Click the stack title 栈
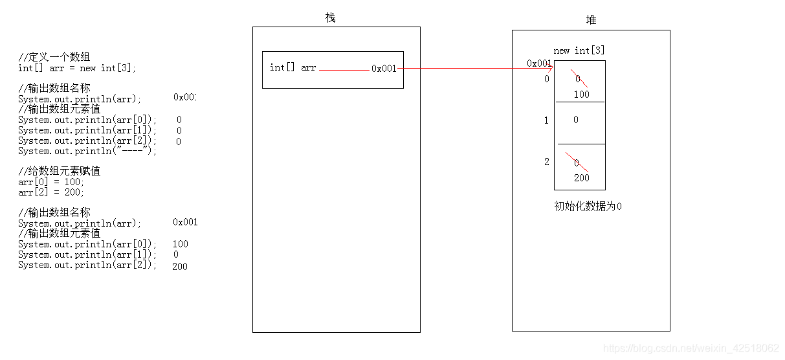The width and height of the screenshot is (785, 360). pos(331,17)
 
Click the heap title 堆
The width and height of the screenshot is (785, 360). pos(591,20)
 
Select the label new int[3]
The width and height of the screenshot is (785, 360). pos(579,51)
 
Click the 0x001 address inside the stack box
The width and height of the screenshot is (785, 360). pos(384,69)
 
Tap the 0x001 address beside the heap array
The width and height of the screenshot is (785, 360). pos(538,63)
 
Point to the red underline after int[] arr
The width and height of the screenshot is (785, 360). pos(344,70)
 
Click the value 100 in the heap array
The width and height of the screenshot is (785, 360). pos(581,95)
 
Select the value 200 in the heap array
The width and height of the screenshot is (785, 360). pos(581,178)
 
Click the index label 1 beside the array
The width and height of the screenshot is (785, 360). pos(546,120)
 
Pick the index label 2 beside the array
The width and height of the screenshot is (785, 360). pos(546,162)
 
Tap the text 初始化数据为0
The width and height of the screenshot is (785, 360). pos(588,207)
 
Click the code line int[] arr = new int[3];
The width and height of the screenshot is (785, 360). pos(77,68)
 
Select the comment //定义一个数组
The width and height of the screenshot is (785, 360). pos(54,58)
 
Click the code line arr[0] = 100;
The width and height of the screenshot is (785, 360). pos(51,182)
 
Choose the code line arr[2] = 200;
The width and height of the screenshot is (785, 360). pos(51,192)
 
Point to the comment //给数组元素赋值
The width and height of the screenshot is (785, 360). pos(60,172)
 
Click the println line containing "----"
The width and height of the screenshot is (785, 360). pos(87,151)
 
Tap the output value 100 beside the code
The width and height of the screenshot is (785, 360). pos(181,244)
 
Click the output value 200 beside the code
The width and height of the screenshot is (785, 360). pos(180,266)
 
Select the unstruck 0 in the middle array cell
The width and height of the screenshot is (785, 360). pos(576,120)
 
